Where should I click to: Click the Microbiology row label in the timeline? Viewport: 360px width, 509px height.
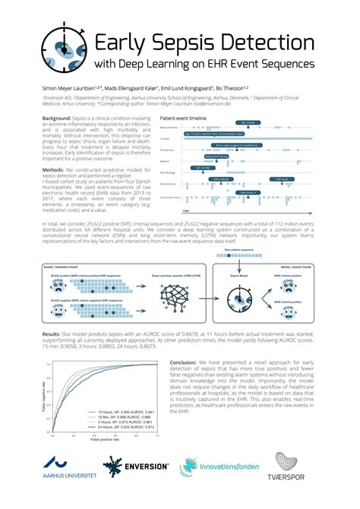tap(169, 172)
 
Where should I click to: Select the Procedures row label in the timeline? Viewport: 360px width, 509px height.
tap(169, 150)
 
